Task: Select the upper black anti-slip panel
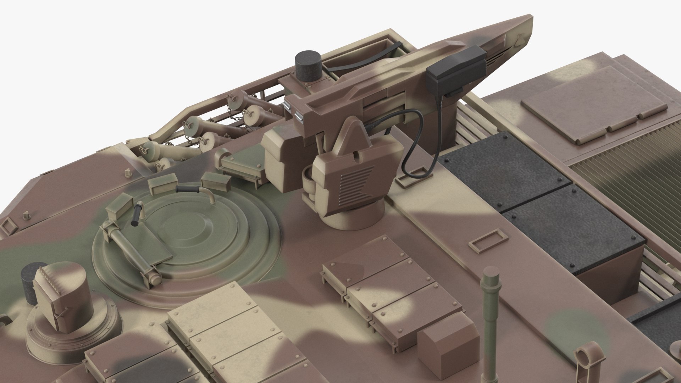pos(504,167)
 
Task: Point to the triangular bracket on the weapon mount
pos(351,136)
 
